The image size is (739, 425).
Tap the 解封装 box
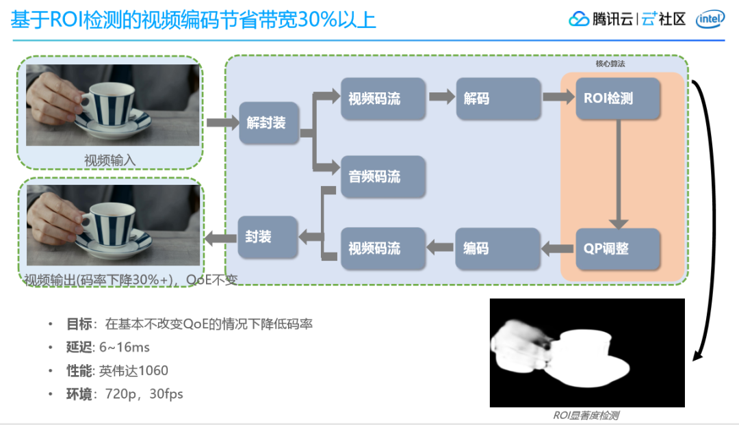[269, 123]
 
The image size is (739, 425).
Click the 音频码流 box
[383, 177]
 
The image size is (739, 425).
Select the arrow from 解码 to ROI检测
[558, 97]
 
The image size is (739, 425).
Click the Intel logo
[710, 20]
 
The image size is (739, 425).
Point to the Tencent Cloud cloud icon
[579, 19]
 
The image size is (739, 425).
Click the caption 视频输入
[109, 160]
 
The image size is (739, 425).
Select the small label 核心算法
[610, 64]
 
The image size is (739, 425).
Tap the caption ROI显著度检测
[586, 415]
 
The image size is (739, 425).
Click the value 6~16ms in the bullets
[125, 348]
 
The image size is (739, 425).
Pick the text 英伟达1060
[133, 371]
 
